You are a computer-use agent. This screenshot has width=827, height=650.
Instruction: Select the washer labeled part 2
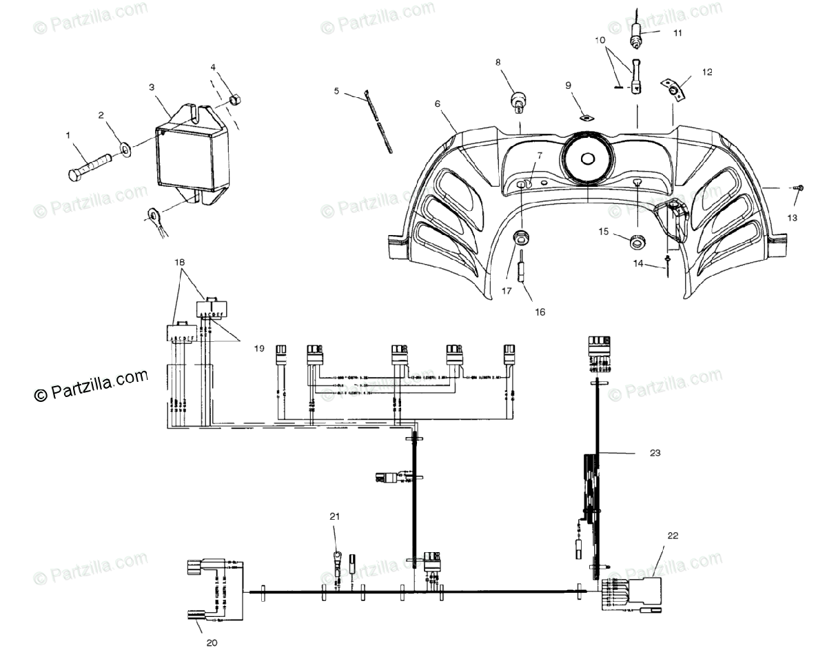127,148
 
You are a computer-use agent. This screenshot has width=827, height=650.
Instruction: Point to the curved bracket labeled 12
675,90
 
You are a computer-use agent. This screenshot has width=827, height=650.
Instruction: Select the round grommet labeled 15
637,241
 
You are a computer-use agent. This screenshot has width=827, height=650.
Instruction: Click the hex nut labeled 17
520,238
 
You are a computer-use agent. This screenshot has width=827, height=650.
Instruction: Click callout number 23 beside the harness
654,453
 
